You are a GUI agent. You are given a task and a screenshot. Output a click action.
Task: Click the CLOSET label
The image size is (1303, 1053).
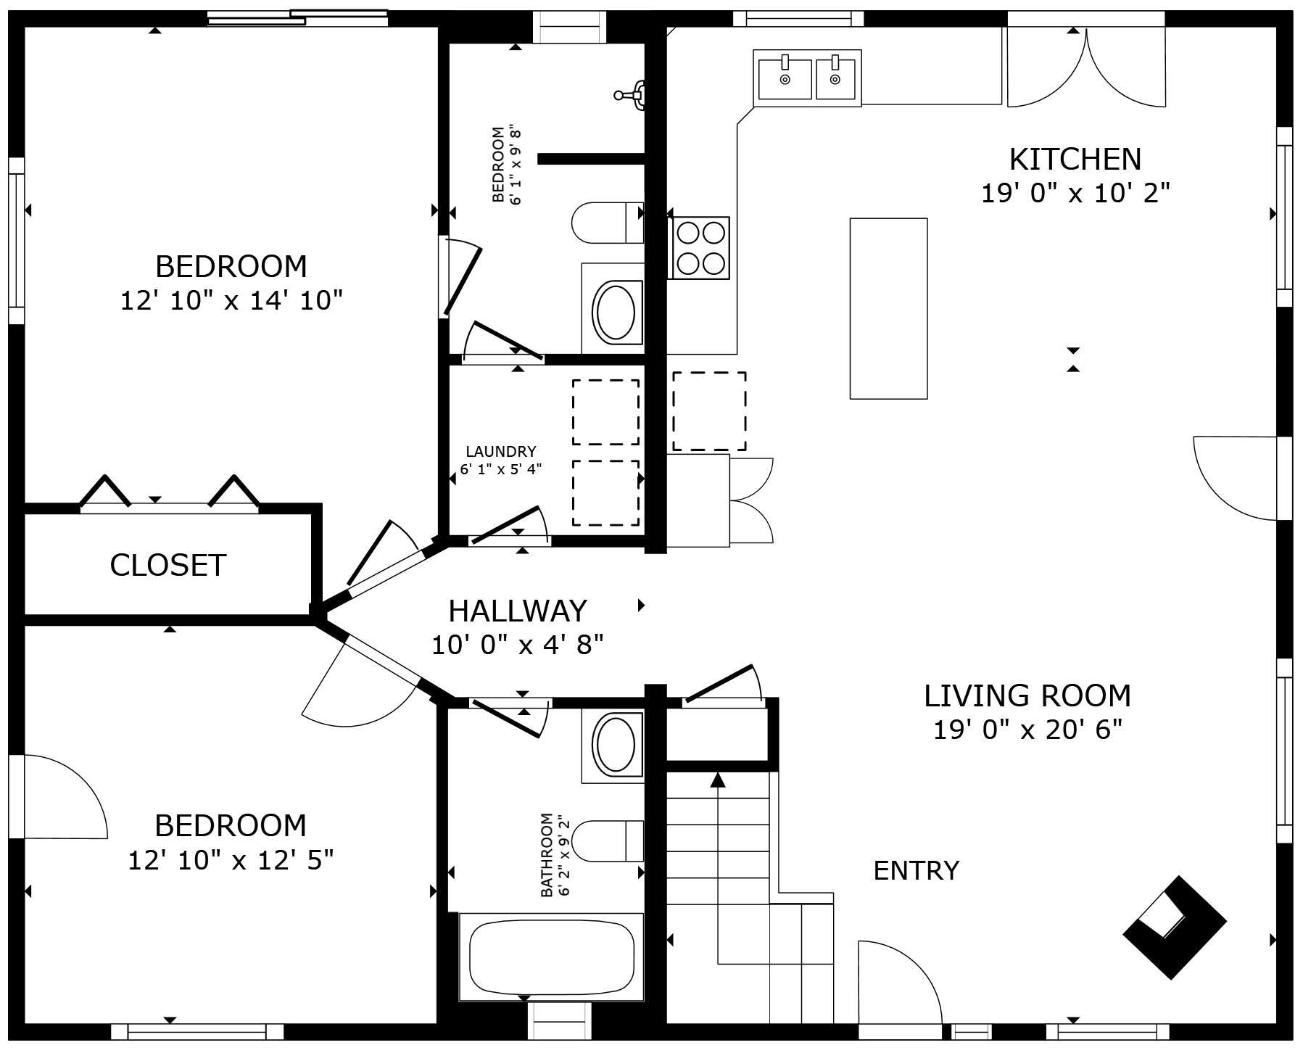point(167,565)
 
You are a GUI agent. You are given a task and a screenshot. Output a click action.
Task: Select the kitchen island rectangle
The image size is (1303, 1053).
point(888,308)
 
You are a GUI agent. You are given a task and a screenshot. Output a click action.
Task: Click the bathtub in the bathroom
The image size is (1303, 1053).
point(551,957)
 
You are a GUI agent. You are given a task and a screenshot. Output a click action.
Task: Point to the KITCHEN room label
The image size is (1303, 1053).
point(1075,159)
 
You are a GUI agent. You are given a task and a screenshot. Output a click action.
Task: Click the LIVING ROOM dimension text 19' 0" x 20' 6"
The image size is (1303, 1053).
point(1027,730)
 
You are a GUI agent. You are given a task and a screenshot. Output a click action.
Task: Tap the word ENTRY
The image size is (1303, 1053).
point(916,870)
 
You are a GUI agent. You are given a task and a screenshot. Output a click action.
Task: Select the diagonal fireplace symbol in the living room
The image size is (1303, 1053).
point(1174,928)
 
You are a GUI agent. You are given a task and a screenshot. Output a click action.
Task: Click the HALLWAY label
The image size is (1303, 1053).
point(517,611)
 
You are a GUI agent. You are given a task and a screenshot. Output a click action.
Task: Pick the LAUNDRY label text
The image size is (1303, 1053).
point(501,452)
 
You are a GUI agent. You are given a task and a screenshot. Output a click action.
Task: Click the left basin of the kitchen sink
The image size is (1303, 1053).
point(785,79)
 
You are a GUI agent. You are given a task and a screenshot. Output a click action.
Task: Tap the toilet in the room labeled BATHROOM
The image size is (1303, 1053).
point(608,841)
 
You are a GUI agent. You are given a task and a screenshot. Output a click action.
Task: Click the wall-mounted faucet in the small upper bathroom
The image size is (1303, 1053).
point(632,94)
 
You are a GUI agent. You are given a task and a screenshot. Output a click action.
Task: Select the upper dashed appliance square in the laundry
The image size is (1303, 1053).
point(605,412)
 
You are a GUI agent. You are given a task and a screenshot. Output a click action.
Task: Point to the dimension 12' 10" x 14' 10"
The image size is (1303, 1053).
point(231,300)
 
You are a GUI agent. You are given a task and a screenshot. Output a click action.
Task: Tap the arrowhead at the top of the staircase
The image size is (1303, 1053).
point(718,780)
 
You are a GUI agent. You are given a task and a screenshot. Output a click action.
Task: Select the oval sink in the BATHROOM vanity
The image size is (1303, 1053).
point(614,745)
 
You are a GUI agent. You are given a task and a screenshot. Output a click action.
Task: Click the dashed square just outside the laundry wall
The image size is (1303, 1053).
point(709,411)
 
